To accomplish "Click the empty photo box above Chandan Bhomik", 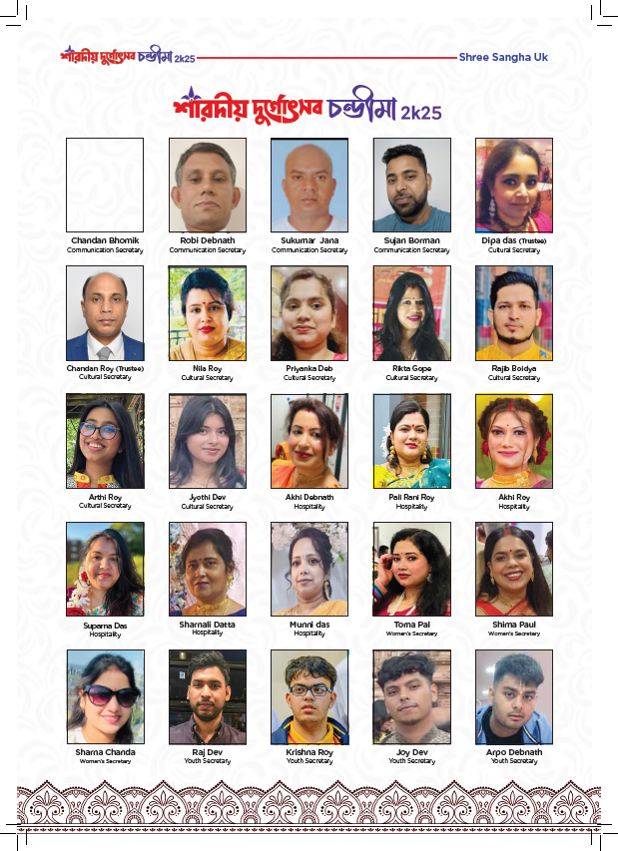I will point(105,185).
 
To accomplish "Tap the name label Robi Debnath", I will point(207,241).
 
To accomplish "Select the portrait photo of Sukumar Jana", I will point(309,185).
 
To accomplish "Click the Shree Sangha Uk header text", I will point(502,58).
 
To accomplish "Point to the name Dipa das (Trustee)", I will point(514,241).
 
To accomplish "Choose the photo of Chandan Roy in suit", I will point(105,313).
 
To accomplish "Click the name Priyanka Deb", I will point(309,369).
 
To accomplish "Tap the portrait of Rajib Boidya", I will point(514,313).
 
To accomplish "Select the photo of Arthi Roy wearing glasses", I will point(105,441).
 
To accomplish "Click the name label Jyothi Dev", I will point(207,497).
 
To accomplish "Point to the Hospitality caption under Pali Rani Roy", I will point(411,506).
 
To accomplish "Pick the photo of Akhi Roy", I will point(514,441).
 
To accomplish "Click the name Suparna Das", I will point(105,626).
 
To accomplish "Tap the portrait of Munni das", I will point(309,569).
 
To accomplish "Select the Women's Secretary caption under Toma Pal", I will point(411,634).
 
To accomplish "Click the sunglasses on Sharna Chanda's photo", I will point(110,692).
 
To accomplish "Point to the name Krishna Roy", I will point(309,752).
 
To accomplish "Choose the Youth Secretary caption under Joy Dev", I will point(411,761).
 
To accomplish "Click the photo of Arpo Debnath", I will point(514,696).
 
